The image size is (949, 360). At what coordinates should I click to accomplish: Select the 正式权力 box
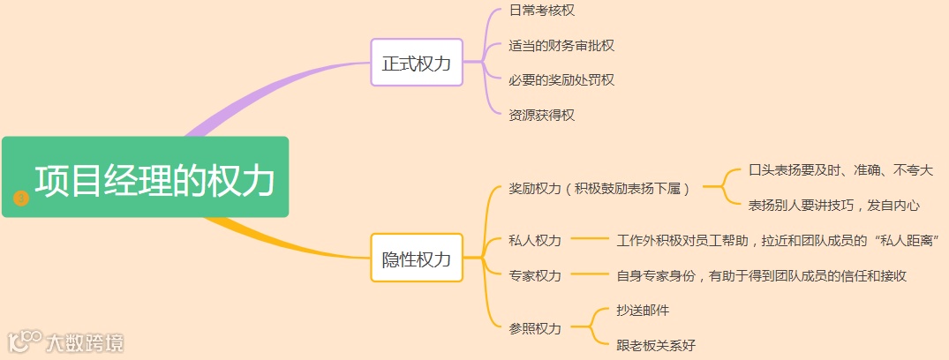point(417,63)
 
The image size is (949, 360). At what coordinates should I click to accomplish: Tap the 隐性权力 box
point(417,258)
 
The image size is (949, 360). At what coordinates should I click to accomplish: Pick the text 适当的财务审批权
point(561,45)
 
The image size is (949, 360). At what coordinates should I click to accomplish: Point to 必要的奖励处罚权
point(561,80)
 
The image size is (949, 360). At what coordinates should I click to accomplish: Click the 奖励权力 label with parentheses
point(599,188)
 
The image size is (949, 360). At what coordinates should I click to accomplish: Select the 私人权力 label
point(535,240)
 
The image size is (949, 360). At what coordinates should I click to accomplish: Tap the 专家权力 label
point(535,275)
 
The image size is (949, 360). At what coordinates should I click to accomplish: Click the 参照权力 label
point(535,328)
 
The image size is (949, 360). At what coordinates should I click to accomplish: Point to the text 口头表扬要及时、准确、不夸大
point(840,170)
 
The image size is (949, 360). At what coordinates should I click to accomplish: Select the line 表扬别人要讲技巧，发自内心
point(834,206)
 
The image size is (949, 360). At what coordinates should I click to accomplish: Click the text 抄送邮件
point(643,311)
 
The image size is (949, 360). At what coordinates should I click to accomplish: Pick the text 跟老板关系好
point(656,345)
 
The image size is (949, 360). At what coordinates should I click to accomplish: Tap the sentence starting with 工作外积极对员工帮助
point(777,240)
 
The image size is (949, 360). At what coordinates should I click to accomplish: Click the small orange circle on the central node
point(22,199)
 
